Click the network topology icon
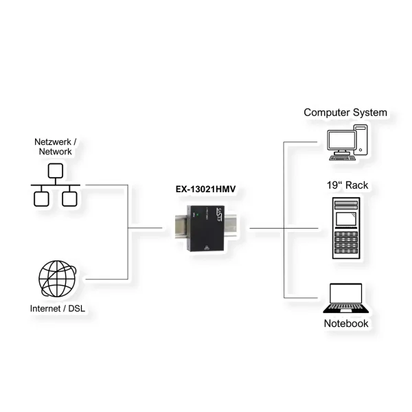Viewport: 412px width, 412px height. [56, 185]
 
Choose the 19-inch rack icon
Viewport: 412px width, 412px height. [347, 229]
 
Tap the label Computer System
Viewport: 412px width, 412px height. [345, 112]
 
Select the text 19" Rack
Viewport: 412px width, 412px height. [346, 186]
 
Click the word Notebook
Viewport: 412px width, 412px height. [346, 323]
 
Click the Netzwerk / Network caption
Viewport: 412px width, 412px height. [56, 146]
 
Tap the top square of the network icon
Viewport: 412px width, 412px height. [56, 170]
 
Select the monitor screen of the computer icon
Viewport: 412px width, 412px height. [341, 140]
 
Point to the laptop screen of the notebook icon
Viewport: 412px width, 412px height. [346, 295]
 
